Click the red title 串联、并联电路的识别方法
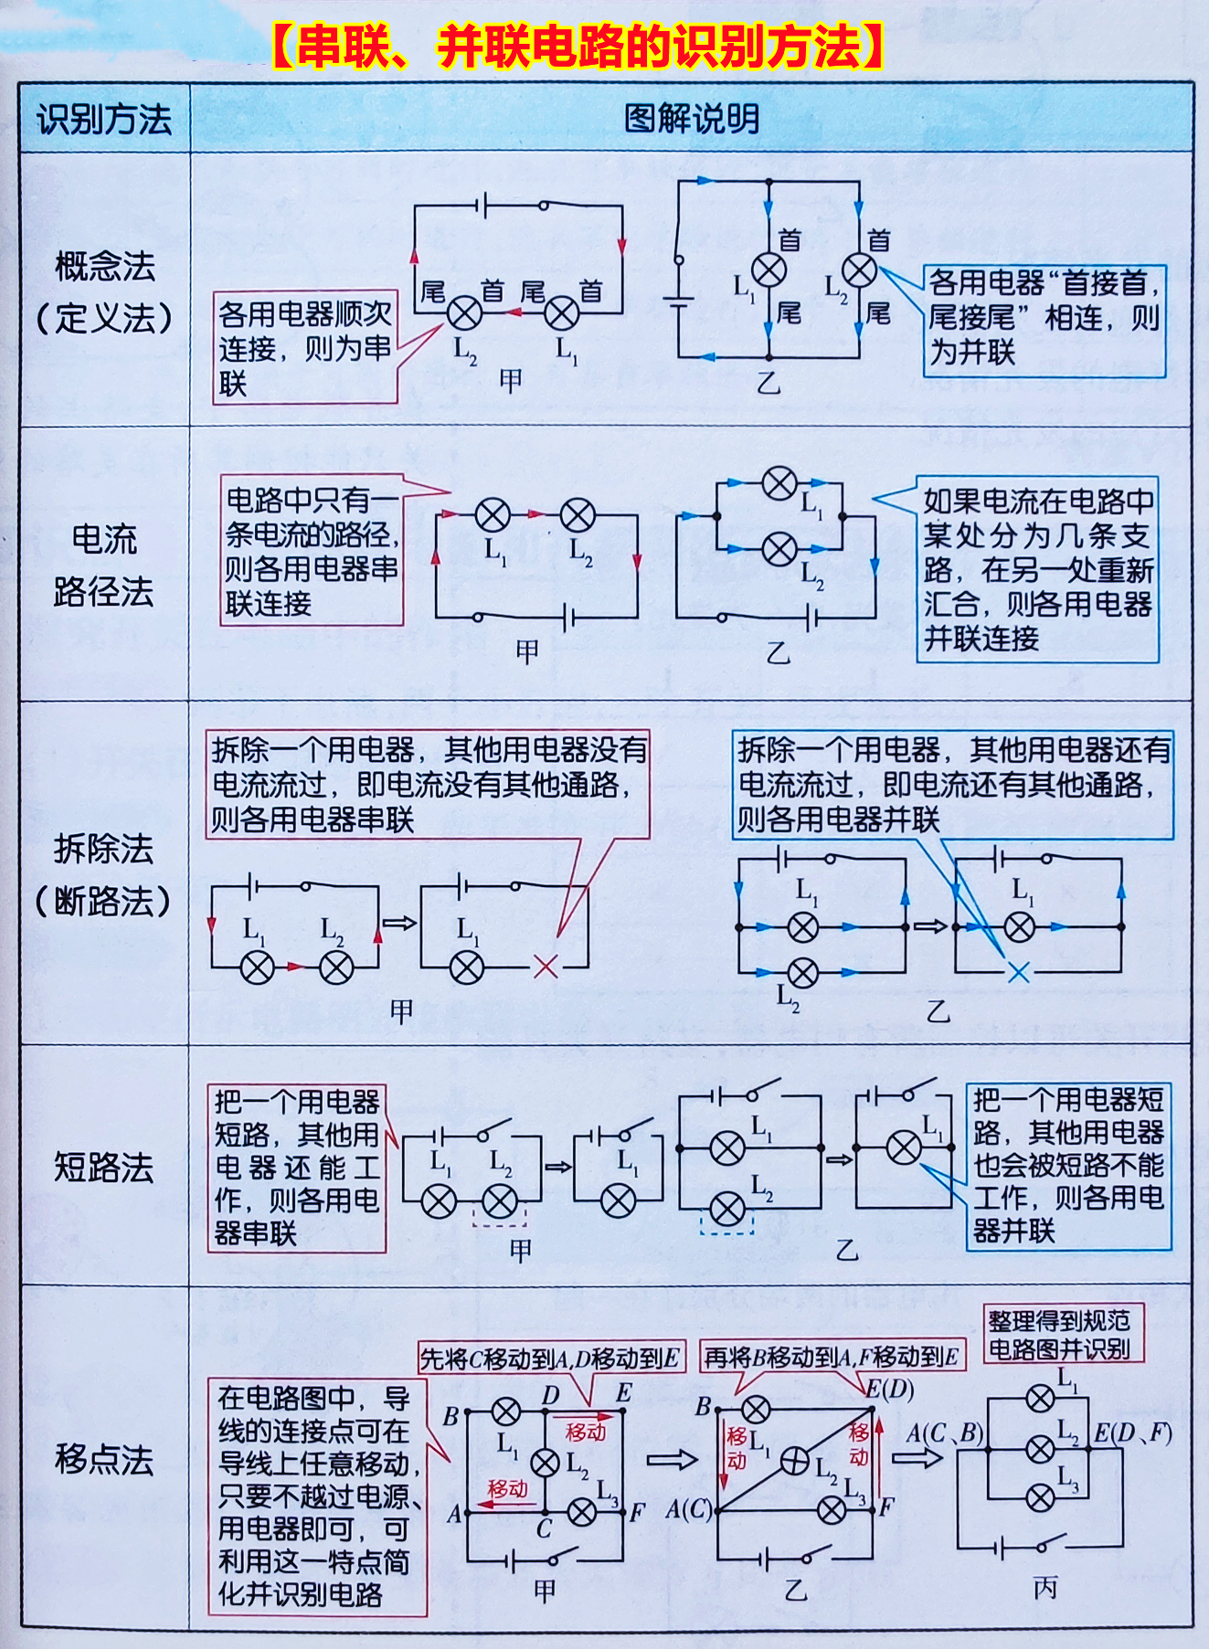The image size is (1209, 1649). (578, 48)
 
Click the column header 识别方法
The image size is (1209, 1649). (104, 120)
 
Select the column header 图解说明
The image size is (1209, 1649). (692, 120)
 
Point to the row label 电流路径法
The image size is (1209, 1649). (104, 566)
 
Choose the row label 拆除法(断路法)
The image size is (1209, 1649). (104, 875)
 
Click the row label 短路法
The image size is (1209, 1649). (104, 1167)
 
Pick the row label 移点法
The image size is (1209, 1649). (104, 1459)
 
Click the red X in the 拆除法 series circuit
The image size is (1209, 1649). (546, 966)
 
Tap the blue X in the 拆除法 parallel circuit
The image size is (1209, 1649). (1018, 972)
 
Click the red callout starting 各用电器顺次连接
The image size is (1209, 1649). (305, 348)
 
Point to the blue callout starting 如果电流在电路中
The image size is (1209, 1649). (1037, 569)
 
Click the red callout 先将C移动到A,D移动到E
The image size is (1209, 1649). (550, 1358)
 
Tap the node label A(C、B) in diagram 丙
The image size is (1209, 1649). (943, 1432)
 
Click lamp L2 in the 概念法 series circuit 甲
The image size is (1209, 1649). (465, 313)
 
